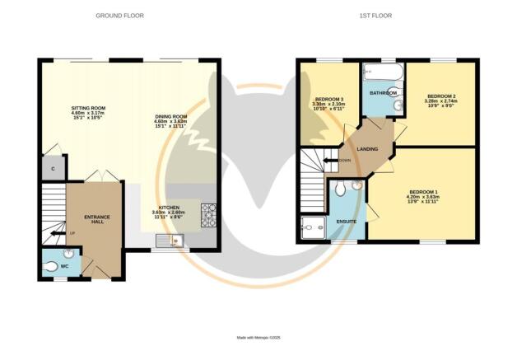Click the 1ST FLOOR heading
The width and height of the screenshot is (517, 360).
point(375,16)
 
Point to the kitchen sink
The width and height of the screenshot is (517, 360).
point(174,241)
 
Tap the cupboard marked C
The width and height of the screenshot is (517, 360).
point(53,168)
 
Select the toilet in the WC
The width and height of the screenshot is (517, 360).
point(68,265)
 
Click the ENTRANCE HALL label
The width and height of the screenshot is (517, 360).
point(96,220)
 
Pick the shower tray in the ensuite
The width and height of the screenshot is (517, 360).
point(312,227)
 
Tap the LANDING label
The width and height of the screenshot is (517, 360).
point(367,149)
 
